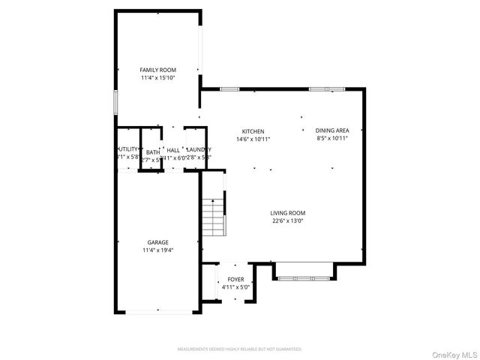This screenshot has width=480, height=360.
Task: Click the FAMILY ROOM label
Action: [x=157, y=70]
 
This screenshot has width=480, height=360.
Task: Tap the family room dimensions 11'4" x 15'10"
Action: [x=157, y=77]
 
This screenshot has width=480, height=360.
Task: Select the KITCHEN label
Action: [x=253, y=131]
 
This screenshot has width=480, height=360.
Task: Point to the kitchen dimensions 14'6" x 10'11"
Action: [x=253, y=139]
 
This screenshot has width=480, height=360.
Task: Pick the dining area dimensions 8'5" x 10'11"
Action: [x=332, y=138]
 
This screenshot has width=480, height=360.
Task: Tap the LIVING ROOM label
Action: [x=287, y=213]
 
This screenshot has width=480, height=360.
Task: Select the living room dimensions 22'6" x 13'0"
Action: [x=287, y=220]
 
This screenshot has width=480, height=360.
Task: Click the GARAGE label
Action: [x=157, y=242]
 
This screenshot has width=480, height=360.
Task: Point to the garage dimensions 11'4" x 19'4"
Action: [x=157, y=250]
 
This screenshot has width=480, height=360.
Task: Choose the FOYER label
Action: [x=235, y=280]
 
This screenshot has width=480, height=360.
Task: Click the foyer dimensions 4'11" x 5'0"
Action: [x=235, y=287]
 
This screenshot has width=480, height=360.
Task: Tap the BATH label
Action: [x=152, y=152]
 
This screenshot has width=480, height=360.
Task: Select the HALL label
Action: [x=173, y=150]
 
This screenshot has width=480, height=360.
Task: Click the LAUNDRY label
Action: [x=199, y=150]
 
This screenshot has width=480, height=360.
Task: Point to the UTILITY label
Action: [x=127, y=149]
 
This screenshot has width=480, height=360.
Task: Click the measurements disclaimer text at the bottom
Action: [x=239, y=349]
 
